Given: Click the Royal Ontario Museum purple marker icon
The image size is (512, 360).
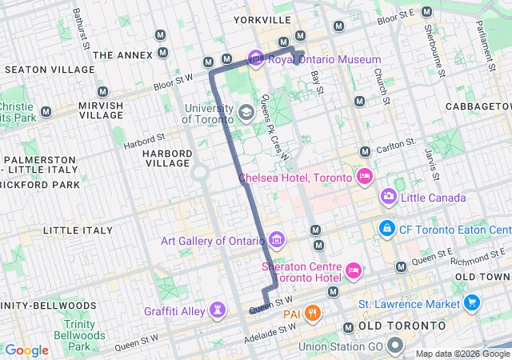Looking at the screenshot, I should [x=256, y=58].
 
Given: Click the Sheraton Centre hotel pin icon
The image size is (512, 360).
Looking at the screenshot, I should [x=352, y=272].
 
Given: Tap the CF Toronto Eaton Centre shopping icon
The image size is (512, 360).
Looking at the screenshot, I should [x=387, y=229].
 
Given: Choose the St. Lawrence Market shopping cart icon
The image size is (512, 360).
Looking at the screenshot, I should [x=472, y=303].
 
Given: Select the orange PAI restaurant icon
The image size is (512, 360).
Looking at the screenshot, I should [x=313, y=312].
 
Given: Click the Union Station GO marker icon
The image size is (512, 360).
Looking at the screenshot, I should [x=394, y=346].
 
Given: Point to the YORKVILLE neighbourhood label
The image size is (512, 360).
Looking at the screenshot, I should [x=262, y=18].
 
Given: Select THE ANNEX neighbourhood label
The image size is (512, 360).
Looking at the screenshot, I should [x=122, y=55].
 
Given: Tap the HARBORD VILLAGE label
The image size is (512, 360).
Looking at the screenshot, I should [x=167, y=158].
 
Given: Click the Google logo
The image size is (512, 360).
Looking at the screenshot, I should [x=26, y=350].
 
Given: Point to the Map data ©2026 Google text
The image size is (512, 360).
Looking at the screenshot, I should [x=462, y=354].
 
